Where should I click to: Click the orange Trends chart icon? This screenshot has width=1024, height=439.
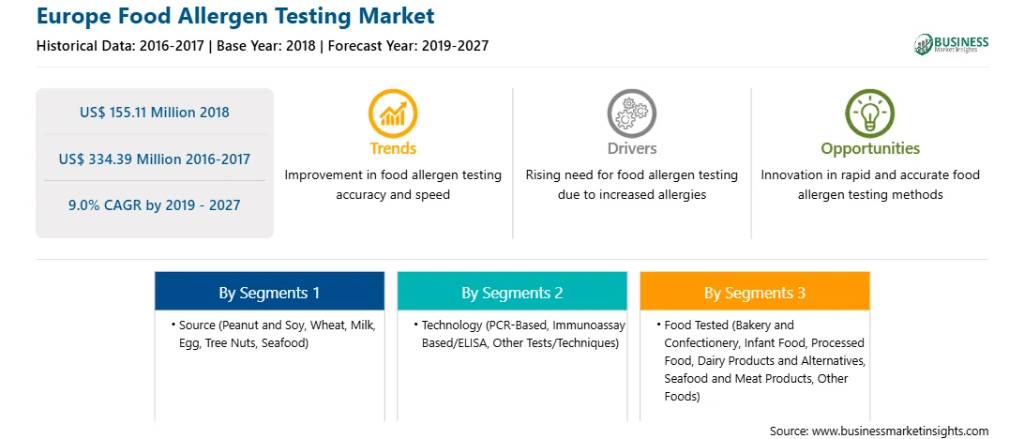393,113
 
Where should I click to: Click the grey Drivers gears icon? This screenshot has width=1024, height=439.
631,113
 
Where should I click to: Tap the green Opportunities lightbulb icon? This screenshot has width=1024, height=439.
870,113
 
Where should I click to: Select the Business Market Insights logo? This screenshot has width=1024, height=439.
951,44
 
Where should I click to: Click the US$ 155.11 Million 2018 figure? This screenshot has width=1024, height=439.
155,113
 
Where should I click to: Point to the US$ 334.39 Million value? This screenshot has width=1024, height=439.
110,159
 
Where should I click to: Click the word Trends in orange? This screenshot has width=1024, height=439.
393,148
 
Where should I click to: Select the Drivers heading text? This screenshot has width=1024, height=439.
631,148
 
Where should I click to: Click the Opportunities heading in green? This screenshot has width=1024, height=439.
870,148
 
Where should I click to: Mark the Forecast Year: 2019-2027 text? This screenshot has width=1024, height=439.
406,46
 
